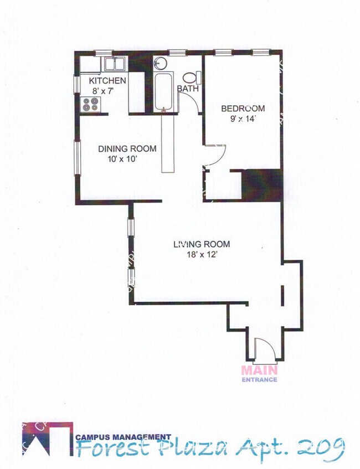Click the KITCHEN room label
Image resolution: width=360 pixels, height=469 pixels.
click(x=108, y=81)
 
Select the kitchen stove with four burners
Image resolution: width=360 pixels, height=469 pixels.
click(x=89, y=104)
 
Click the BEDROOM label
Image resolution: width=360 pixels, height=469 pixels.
click(x=243, y=108)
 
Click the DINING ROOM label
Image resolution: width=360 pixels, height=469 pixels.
click(x=127, y=148)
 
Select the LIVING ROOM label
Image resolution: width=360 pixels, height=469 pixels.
click(x=201, y=244)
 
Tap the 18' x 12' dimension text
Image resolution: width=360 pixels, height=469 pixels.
click(x=200, y=255)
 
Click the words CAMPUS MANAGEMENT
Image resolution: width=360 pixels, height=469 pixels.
click(x=123, y=436)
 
